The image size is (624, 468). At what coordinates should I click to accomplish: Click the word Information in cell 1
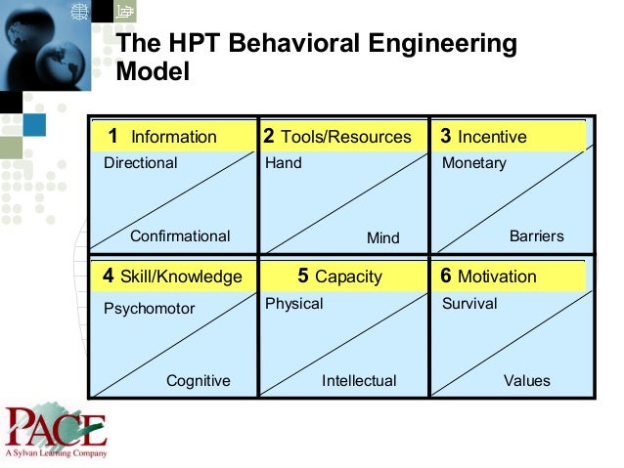(173, 137)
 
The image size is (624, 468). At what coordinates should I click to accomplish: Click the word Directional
(141, 163)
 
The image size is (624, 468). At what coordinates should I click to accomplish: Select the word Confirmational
(180, 236)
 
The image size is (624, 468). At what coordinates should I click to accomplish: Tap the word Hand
(284, 163)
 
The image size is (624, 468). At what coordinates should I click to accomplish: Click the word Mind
(383, 237)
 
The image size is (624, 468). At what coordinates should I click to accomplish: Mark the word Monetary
(474, 163)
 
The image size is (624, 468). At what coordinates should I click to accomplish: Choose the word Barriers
(537, 236)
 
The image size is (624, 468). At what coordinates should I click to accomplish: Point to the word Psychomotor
(150, 309)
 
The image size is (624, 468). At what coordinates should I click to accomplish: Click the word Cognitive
(199, 381)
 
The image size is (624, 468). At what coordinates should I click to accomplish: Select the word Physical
(294, 304)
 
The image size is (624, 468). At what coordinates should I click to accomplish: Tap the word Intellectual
(359, 381)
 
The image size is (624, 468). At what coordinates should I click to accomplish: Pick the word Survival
(469, 304)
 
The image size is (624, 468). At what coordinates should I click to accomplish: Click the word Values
(527, 381)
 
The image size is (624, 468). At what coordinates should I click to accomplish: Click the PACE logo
(55, 431)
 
